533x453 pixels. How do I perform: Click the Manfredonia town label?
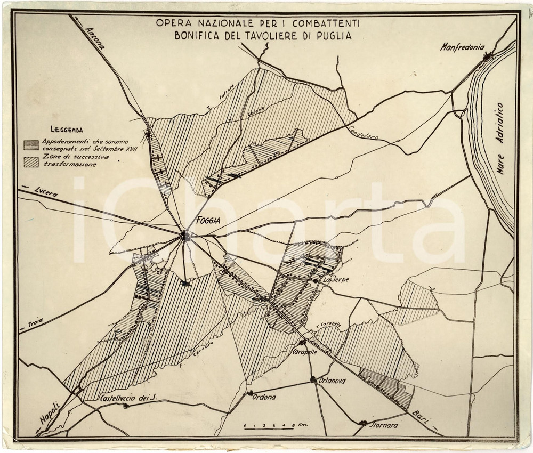pos(460,47)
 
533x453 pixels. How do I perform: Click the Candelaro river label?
pos(362,132)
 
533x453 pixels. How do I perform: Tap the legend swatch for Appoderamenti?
pos(31,145)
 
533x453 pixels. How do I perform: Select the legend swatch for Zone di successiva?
pos(31,161)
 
